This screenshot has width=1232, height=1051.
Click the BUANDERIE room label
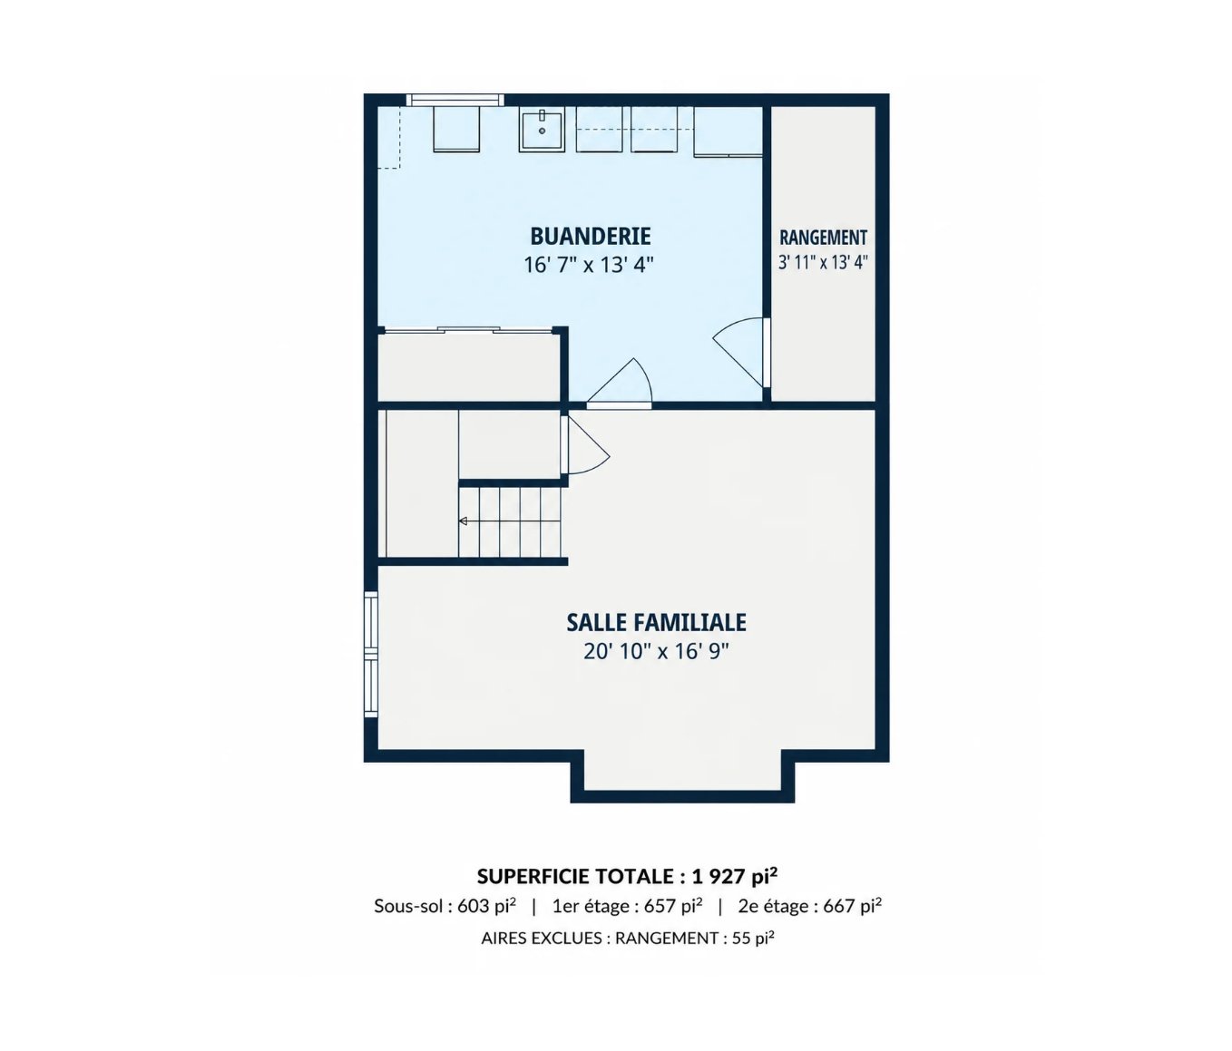[x=590, y=237]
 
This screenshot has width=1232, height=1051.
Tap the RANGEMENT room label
[x=823, y=238]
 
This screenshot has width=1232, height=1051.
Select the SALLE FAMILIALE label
[x=656, y=623]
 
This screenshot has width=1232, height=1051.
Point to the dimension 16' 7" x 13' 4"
[x=589, y=264]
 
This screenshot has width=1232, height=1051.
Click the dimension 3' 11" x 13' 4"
[x=823, y=262]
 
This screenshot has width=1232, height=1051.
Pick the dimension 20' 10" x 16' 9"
[x=656, y=652]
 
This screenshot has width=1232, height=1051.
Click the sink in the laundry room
[x=542, y=130]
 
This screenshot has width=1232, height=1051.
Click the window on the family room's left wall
[x=371, y=654]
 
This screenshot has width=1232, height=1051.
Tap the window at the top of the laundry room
[x=455, y=100]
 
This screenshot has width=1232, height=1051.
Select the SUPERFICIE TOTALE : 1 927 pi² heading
[x=627, y=876]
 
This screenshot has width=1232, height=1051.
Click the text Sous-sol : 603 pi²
[x=445, y=906]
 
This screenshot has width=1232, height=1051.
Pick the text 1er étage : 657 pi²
[x=627, y=906]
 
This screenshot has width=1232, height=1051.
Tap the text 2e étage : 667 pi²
[x=809, y=906]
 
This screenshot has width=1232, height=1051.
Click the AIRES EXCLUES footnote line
[x=628, y=939]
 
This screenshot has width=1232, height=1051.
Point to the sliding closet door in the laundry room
[x=469, y=329]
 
